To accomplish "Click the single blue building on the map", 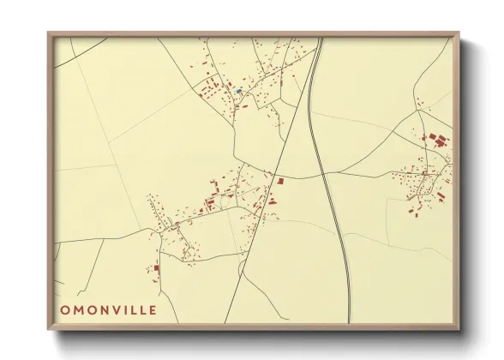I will pyautogui.click(x=238, y=91).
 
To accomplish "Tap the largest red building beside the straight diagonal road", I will pyautogui.click(x=279, y=181).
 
